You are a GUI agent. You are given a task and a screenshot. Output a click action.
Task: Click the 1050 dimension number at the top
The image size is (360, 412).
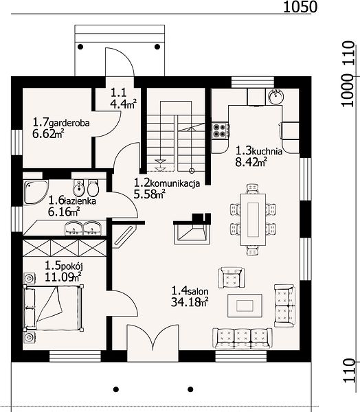click(x=300, y=7)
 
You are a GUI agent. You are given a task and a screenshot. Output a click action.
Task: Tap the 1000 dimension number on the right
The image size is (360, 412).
click(x=348, y=90)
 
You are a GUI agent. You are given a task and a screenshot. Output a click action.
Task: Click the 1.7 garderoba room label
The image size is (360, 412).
click(x=61, y=123)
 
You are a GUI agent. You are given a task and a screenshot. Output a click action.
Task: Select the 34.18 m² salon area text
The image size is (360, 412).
click(x=190, y=302)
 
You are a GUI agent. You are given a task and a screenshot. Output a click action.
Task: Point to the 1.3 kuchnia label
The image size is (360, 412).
click(x=259, y=151)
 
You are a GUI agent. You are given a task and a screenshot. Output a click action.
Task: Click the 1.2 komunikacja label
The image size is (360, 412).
click(x=167, y=183)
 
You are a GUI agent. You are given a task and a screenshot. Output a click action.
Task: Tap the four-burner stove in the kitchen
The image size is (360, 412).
click(x=221, y=130)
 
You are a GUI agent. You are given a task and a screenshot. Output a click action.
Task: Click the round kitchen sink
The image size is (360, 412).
click(x=276, y=96)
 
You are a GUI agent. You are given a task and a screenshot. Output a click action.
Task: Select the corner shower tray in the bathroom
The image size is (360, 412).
click(x=36, y=192)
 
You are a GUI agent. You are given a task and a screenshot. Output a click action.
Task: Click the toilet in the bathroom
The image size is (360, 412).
click(x=93, y=187)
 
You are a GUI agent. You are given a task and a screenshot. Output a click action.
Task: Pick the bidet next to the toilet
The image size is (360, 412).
click(x=78, y=187)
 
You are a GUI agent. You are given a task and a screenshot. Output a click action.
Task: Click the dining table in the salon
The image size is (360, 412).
click(x=253, y=220)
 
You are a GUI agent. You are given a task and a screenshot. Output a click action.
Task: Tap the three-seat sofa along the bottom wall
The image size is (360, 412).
click(x=243, y=339)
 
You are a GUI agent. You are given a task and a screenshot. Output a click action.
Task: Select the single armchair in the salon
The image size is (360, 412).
click(x=232, y=277)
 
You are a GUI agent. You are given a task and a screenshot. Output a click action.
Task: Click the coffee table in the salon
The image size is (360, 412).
click(x=245, y=306)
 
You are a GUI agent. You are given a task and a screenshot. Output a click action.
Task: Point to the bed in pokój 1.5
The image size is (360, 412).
click(x=54, y=308)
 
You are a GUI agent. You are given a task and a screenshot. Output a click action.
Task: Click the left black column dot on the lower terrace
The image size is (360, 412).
click(x=115, y=389)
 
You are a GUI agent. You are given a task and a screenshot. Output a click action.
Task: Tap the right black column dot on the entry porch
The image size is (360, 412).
click(x=157, y=47)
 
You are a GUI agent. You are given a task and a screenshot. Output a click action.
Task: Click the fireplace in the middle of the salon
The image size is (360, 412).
click(x=192, y=229)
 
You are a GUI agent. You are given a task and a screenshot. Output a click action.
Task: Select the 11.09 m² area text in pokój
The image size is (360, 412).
click(x=63, y=277)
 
